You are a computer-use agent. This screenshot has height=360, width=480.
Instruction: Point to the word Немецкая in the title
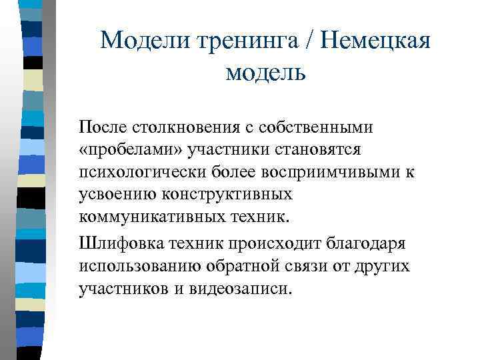376,41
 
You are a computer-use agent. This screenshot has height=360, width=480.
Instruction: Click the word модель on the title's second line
265,71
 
